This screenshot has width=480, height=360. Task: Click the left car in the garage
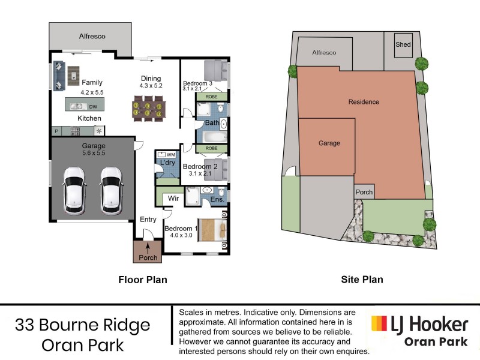coord(74,190)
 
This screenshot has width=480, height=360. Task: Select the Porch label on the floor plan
coord(148,257)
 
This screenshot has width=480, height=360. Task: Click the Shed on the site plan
coord(403,45)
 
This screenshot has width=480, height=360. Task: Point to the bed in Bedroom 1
coord(212,229)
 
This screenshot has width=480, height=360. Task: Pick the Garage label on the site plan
coord(329,143)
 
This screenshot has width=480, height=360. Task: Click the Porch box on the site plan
coord(364,193)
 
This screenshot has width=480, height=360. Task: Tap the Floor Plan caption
coord(143,280)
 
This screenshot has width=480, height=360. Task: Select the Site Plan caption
coord(362,280)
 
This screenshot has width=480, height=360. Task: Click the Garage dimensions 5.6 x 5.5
coord(93,153)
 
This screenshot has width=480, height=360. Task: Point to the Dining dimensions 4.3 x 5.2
coord(151,86)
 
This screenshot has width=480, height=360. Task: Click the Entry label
coord(148,220)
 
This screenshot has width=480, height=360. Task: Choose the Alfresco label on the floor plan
coord(92,37)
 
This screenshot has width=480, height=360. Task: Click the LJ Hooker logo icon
coord(379,325)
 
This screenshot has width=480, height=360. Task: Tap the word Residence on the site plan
coord(364,102)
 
